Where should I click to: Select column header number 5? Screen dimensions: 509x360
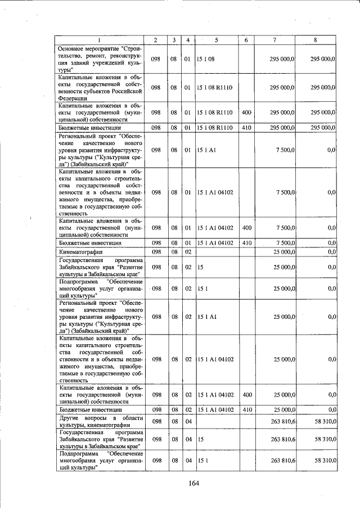[x=216, y=40]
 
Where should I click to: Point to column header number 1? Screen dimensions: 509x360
[x=100, y=40]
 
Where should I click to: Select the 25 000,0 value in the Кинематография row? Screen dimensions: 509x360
[x=283, y=253]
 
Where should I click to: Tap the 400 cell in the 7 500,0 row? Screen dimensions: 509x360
[x=246, y=227]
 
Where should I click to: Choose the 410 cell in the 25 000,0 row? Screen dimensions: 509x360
[x=246, y=410]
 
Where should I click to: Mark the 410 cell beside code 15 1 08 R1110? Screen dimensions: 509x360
[x=246, y=128]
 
